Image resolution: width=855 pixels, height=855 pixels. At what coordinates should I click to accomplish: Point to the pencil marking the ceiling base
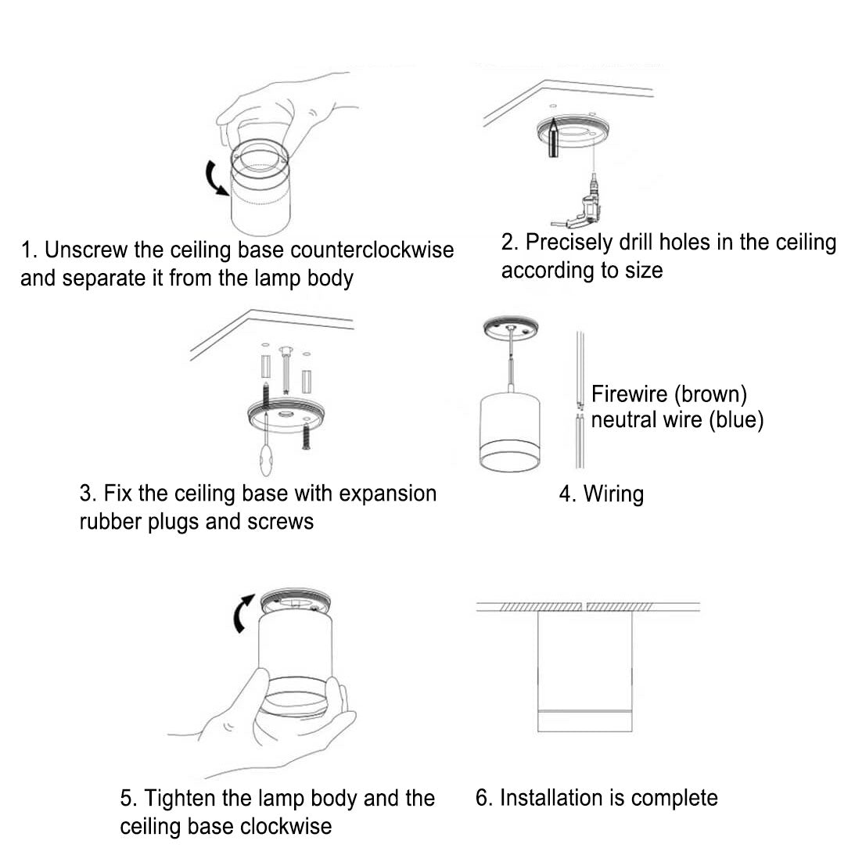point(552,138)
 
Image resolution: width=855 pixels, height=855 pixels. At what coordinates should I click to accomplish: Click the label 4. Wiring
point(601,494)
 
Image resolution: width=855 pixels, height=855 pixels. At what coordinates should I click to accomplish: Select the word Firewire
point(627,393)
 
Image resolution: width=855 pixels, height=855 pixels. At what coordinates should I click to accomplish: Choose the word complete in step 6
point(674,798)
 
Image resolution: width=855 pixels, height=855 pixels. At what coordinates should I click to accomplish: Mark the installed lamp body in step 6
point(585,673)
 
